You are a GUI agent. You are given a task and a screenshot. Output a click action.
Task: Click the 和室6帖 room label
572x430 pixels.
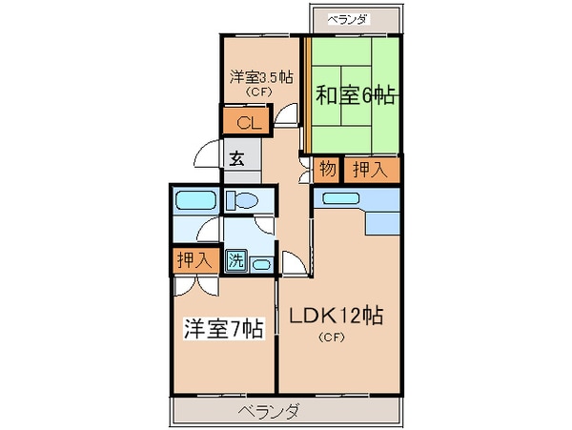point(357,95)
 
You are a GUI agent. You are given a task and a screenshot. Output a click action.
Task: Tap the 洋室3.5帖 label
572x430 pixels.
point(260,76)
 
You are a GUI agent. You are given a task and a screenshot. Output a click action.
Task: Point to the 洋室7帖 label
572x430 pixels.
point(223,330)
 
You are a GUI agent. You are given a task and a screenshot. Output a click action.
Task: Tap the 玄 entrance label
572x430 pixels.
point(236,158)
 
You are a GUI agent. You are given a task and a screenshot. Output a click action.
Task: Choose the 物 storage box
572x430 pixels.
point(327,171)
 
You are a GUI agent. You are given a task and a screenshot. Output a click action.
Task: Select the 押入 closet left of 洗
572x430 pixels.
point(194,259)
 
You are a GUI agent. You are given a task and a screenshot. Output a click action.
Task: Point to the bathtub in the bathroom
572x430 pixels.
point(195,200)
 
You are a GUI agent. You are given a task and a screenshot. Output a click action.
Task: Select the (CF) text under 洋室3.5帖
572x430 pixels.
point(259,93)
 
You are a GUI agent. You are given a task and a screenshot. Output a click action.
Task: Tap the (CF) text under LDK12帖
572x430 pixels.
point(332,338)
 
